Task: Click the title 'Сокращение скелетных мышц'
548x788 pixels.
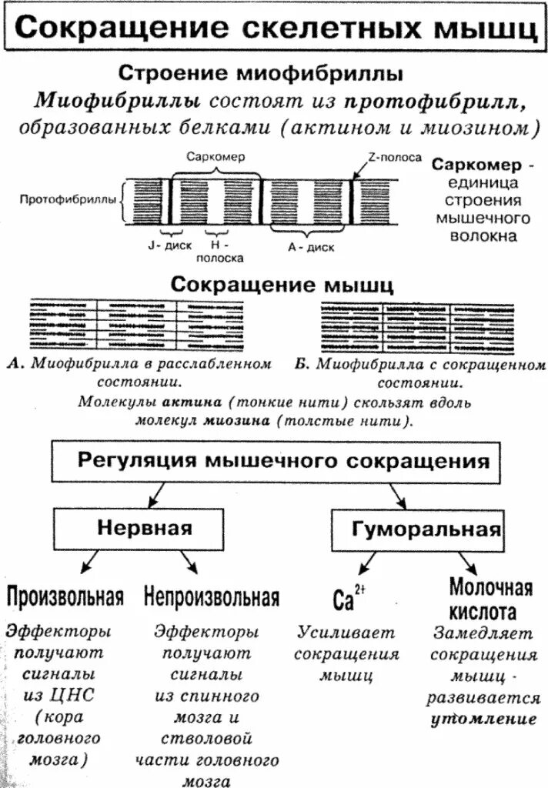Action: (x=274, y=29)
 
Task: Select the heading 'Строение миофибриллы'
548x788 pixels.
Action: (x=260, y=75)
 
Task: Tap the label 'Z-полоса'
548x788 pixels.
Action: (x=394, y=157)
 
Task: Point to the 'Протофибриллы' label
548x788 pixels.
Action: (x=67, y=199)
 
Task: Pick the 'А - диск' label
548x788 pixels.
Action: (x=310, y=247)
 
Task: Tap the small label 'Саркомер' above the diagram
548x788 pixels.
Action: (x=216, y=156)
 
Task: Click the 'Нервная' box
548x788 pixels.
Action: (x=144, y=529)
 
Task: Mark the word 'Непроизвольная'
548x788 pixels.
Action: (x=211, y=596)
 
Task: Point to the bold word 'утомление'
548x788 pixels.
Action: (x=483, y=720)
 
